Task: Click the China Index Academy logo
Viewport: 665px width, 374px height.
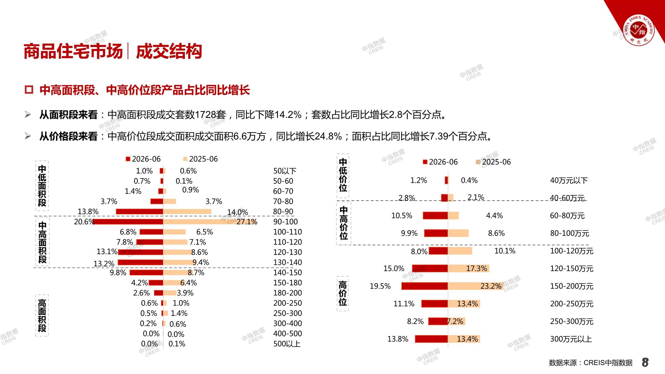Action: click(x=639, y=30)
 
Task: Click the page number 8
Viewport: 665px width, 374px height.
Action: click(x=645, y=362)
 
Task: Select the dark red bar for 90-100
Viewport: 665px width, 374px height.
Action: click(x=128, y=222)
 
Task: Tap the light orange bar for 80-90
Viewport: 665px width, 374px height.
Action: click(x=187, y=212)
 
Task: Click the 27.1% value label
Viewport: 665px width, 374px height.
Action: click(x=247, y=222)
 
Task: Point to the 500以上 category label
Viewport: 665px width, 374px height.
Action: click(x=287, y=344)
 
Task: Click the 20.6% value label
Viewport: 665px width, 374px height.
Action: click(x=84, y=222)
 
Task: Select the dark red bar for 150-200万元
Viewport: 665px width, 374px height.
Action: click(x=424, y=286)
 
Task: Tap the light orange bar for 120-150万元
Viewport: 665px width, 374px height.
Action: click(x=469, y=268)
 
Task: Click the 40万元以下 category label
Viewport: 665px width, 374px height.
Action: click(x=569, y=181)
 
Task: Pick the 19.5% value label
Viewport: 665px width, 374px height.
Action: click(x=380, y=286)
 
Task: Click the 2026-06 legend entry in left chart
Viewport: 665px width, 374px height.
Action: click(x=143, y=159)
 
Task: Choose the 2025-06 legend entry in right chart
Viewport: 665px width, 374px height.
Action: click(x=493, y=162)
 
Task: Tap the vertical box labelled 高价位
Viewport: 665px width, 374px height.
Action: click(x=343, y=293)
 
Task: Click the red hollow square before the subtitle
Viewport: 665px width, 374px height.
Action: click(x=29, y=90)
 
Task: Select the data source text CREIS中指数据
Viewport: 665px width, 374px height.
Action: click(x=608, y=363)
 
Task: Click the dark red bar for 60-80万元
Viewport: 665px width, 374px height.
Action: click(x=435, y=216)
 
